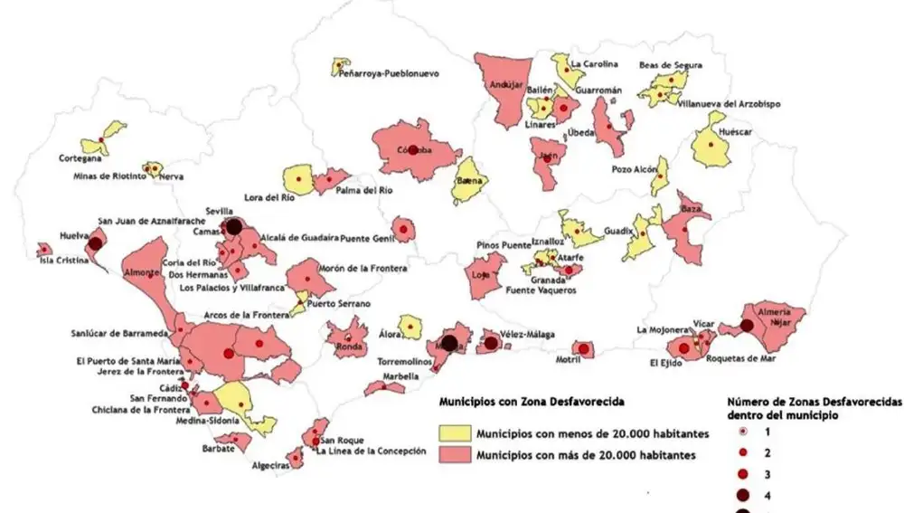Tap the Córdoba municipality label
[x=413, y=150]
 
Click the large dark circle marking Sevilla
[x=232, y=226]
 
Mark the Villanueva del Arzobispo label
[x=729, y=104]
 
